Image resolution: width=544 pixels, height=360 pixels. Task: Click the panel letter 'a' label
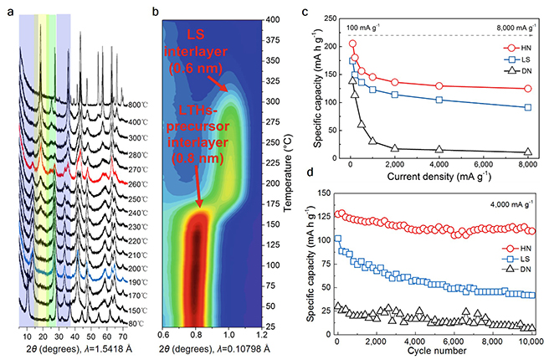pos(9,11)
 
